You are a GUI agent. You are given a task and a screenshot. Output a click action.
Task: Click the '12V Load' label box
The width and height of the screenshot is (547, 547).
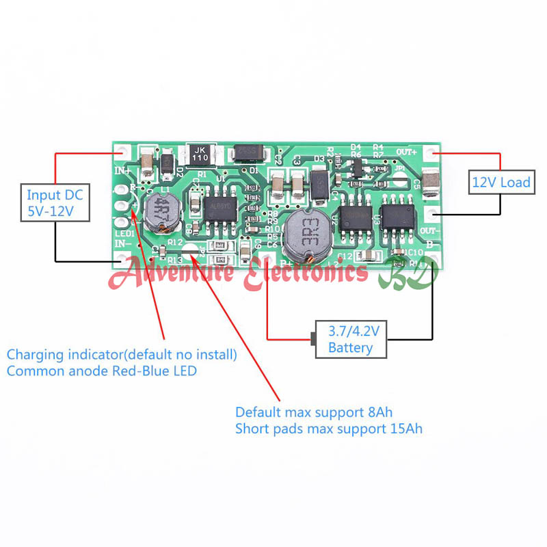tap(501, 182)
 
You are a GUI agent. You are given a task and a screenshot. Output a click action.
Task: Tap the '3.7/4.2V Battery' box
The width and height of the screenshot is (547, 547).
tap(351, 339)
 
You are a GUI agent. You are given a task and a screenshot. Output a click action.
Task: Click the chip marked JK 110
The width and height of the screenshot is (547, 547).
tap(200, 154)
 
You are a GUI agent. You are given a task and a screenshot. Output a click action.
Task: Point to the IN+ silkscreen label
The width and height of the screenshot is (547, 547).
tap(123, 171)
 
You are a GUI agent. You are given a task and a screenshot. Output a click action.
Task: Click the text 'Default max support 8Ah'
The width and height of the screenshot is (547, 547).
tap(313, 412)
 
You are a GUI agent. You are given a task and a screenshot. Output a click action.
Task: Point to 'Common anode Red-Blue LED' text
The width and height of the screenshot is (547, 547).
tap(102, 371)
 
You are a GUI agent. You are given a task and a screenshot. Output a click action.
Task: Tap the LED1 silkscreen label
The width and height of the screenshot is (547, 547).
tap(124, 234)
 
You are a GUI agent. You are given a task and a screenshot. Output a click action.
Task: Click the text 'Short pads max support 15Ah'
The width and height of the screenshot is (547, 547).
tap(329, 429)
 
